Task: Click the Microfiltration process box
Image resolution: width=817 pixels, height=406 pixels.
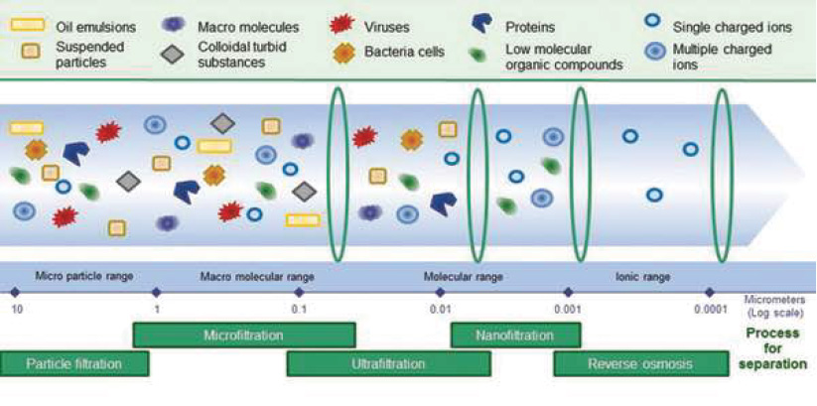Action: click(x=244, y=336)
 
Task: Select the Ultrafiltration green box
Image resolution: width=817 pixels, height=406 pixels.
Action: click(x=389, y=363)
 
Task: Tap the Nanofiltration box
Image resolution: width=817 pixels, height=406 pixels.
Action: click(x=515, y=336)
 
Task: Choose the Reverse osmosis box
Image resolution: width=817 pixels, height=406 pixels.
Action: click(x=641, y=363)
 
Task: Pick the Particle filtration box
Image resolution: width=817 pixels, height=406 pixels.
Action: click(x=74, y=363)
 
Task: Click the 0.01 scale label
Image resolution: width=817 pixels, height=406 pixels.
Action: click(x=440, y=310)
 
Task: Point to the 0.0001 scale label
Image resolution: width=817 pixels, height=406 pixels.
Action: click(x=711, y=310)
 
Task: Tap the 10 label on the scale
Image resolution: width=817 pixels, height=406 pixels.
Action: click(x=17, y=310)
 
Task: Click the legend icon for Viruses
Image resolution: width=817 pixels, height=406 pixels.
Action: click(x=342, y=25)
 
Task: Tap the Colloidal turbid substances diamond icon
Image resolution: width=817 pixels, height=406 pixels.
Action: click(x=173, y=55)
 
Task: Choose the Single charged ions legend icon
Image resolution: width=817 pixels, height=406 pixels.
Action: click(x=653, y=21)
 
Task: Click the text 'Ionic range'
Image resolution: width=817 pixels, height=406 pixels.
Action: click(x=642, y=277)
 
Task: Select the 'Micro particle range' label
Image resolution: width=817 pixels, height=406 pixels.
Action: click(x=84, y=276)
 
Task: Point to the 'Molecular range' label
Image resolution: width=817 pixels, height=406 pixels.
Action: click(x=463, y=277)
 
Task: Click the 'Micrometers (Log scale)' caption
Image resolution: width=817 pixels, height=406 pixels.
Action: click(x=774, y=307)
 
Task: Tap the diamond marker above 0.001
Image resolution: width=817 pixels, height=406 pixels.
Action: click(x=568, y=292)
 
